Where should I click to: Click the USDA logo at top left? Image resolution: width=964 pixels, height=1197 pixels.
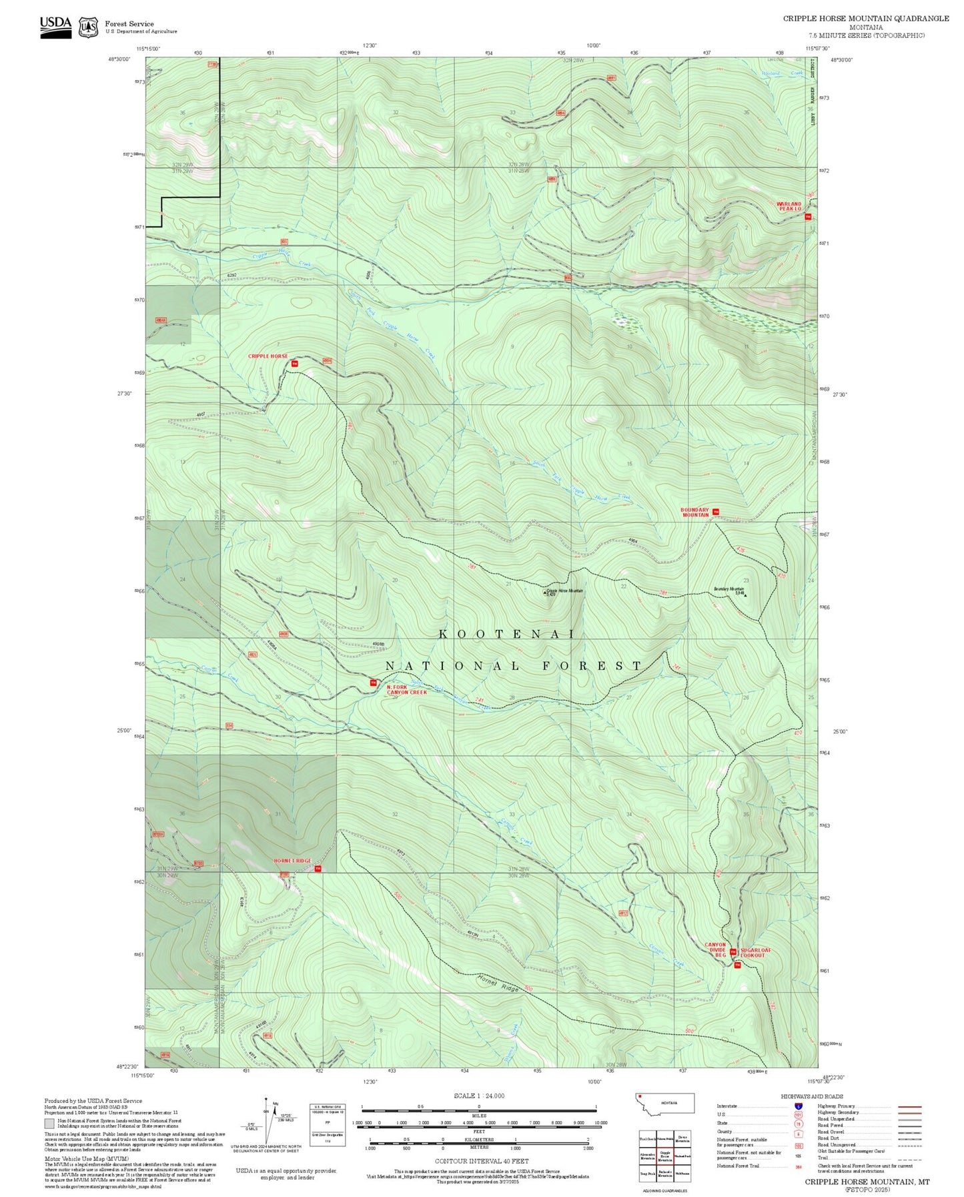55,27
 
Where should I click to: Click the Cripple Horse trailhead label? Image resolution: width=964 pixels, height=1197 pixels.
268,356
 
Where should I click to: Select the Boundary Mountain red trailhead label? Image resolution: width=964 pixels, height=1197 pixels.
694,512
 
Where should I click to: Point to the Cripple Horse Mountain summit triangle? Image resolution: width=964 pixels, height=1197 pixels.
544,591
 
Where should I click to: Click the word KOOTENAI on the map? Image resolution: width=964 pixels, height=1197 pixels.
506,634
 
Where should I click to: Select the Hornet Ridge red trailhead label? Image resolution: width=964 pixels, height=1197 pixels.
292,861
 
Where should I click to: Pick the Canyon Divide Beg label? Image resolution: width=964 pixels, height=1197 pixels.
715,949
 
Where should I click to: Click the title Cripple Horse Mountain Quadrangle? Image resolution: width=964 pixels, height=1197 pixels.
865,18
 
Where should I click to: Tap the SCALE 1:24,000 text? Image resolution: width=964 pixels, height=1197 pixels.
479,1096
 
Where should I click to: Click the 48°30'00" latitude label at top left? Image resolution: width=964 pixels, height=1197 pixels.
119,59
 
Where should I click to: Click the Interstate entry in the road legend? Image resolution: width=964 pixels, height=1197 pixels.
727,1106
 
